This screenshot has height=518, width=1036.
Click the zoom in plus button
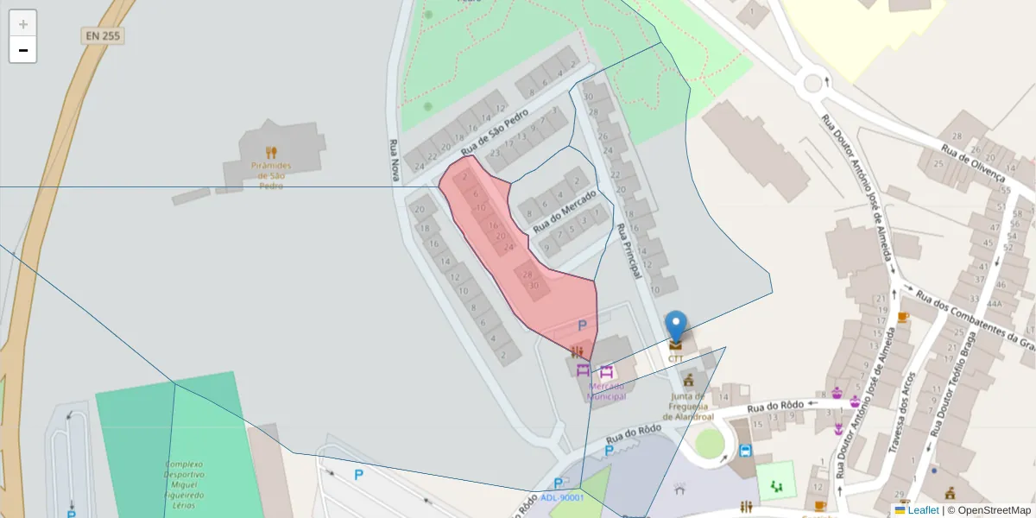[23, 24]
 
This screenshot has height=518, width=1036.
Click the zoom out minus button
[23, 50]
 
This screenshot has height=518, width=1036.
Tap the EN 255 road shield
[103, 36]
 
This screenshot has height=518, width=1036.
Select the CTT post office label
[675, 358]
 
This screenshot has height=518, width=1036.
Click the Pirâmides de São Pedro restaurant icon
[271, 153]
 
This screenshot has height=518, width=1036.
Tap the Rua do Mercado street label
[565, 211]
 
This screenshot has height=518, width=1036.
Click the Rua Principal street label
[628, 251]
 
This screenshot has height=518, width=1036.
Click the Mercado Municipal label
[606, 391]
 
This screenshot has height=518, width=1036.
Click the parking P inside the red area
[582, 325]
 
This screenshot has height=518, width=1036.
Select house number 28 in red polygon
[527, 274]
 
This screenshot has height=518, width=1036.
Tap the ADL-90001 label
[562, 497]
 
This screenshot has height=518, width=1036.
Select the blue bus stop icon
[745, 451]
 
